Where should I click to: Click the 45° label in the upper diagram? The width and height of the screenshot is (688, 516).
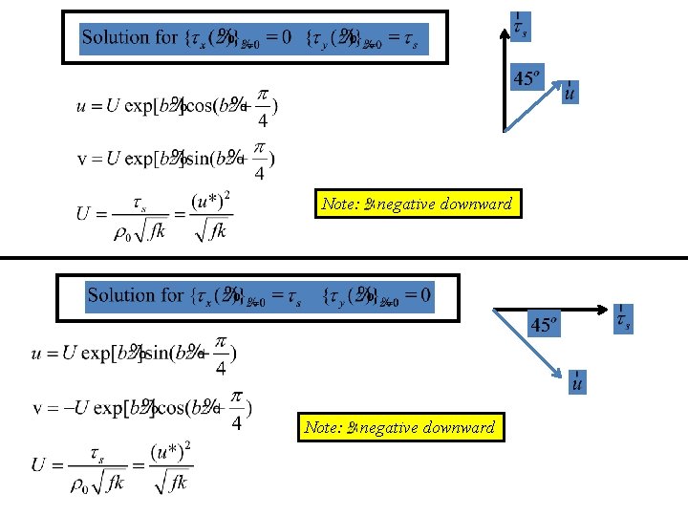[x=527, y=77]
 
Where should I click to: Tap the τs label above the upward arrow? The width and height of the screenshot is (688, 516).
[x=518, y=27]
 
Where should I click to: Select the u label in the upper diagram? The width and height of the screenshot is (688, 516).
[x=570, y=93]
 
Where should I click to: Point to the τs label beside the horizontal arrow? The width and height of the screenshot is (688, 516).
[x=622, y=319]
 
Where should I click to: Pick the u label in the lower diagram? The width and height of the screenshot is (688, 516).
[x=577, y=381]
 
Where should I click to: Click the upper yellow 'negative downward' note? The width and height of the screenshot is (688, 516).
[x=419, y=204]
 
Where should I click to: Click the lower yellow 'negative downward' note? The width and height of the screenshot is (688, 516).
[x=400, y=427]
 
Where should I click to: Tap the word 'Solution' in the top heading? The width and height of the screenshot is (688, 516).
[x=116, y=38]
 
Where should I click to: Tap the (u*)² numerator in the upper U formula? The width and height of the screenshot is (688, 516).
[x=211, y=202]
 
